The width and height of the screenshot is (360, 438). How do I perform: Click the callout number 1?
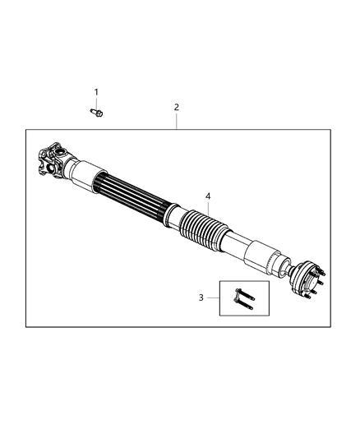(x=95, y=91)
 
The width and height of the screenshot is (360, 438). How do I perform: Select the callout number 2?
(x=175, y=108)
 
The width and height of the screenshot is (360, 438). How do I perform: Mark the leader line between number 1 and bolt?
(x=95, y=102)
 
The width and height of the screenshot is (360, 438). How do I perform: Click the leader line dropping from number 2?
(x=175, y=120)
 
